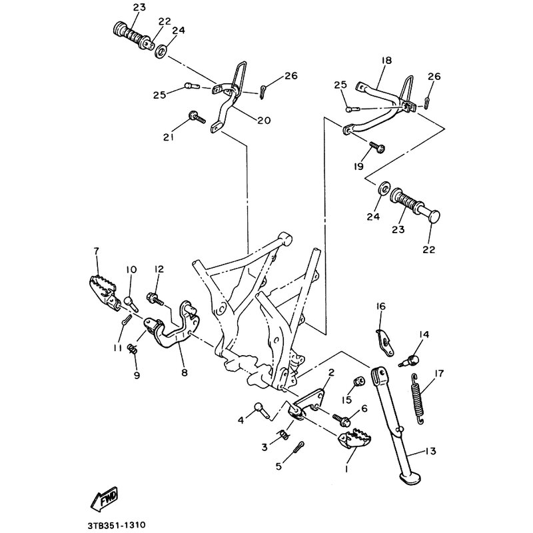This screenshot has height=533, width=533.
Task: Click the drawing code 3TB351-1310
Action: click(116, 525)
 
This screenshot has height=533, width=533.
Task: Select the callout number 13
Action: click(430, 451)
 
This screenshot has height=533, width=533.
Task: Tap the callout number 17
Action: click(439, 374)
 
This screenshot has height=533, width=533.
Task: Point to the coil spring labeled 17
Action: click(418, 398)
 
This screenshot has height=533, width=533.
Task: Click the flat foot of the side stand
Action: click(410, 477)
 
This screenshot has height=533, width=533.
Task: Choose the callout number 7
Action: click(96, 251)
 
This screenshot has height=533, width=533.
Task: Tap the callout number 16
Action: click(381, 306)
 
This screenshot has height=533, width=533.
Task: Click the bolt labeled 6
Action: click(341, 418)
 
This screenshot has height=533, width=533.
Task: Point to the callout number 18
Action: click(387, 61)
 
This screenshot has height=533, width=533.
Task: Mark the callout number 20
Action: click(265, 121)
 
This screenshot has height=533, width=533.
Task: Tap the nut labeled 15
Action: click(359, 381)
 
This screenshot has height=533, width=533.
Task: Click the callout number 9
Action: click(137, 375)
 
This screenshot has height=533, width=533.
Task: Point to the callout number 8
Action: click(185, 372)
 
